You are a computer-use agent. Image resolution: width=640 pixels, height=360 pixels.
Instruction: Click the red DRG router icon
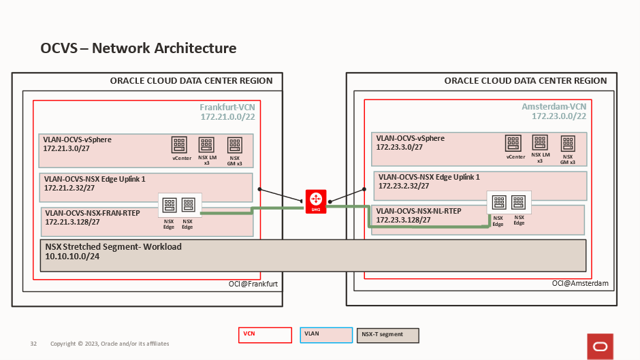point(316,199)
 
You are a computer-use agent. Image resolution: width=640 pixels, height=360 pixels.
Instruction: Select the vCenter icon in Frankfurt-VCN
point(179,144)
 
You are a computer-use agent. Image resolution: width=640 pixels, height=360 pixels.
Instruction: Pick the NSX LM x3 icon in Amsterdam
point(540,143)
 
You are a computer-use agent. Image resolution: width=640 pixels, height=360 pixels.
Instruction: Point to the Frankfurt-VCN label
point(227,108)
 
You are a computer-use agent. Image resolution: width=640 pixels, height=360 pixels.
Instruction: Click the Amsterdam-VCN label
point(554,108)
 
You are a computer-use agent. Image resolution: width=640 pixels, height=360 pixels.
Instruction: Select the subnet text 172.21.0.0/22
point(227,117)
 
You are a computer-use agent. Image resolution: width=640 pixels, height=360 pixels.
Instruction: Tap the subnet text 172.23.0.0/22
point(559,117)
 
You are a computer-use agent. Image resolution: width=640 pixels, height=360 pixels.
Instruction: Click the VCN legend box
point(265,335)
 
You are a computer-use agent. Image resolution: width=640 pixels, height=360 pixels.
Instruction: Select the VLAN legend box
point(325,335)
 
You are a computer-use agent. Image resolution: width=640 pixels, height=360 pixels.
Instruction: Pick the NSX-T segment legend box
point(387,335)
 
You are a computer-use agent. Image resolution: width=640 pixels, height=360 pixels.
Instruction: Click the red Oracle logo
point(600,346)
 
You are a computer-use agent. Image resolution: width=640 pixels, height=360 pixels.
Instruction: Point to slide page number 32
point(33,344)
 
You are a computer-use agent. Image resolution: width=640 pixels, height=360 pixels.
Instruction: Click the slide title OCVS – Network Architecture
point(138,48)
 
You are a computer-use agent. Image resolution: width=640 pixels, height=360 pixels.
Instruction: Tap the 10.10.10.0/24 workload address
point(71,257)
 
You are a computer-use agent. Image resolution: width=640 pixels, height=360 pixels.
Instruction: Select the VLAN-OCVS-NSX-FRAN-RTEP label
point(91,213)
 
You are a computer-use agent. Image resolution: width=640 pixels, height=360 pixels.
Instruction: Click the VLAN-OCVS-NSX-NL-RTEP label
point(419,211)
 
